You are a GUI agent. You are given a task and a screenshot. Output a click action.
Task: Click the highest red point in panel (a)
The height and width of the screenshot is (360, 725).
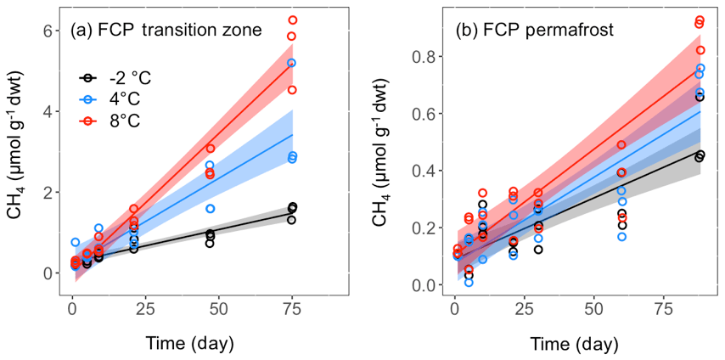point(292,20)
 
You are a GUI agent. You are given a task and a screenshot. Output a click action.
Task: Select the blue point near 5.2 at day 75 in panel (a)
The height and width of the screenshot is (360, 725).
point(292,64)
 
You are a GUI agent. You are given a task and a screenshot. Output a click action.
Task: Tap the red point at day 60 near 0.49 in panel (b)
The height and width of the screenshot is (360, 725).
point(621,145)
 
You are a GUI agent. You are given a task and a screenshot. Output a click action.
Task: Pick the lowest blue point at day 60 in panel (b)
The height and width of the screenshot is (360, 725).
point(621,237)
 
